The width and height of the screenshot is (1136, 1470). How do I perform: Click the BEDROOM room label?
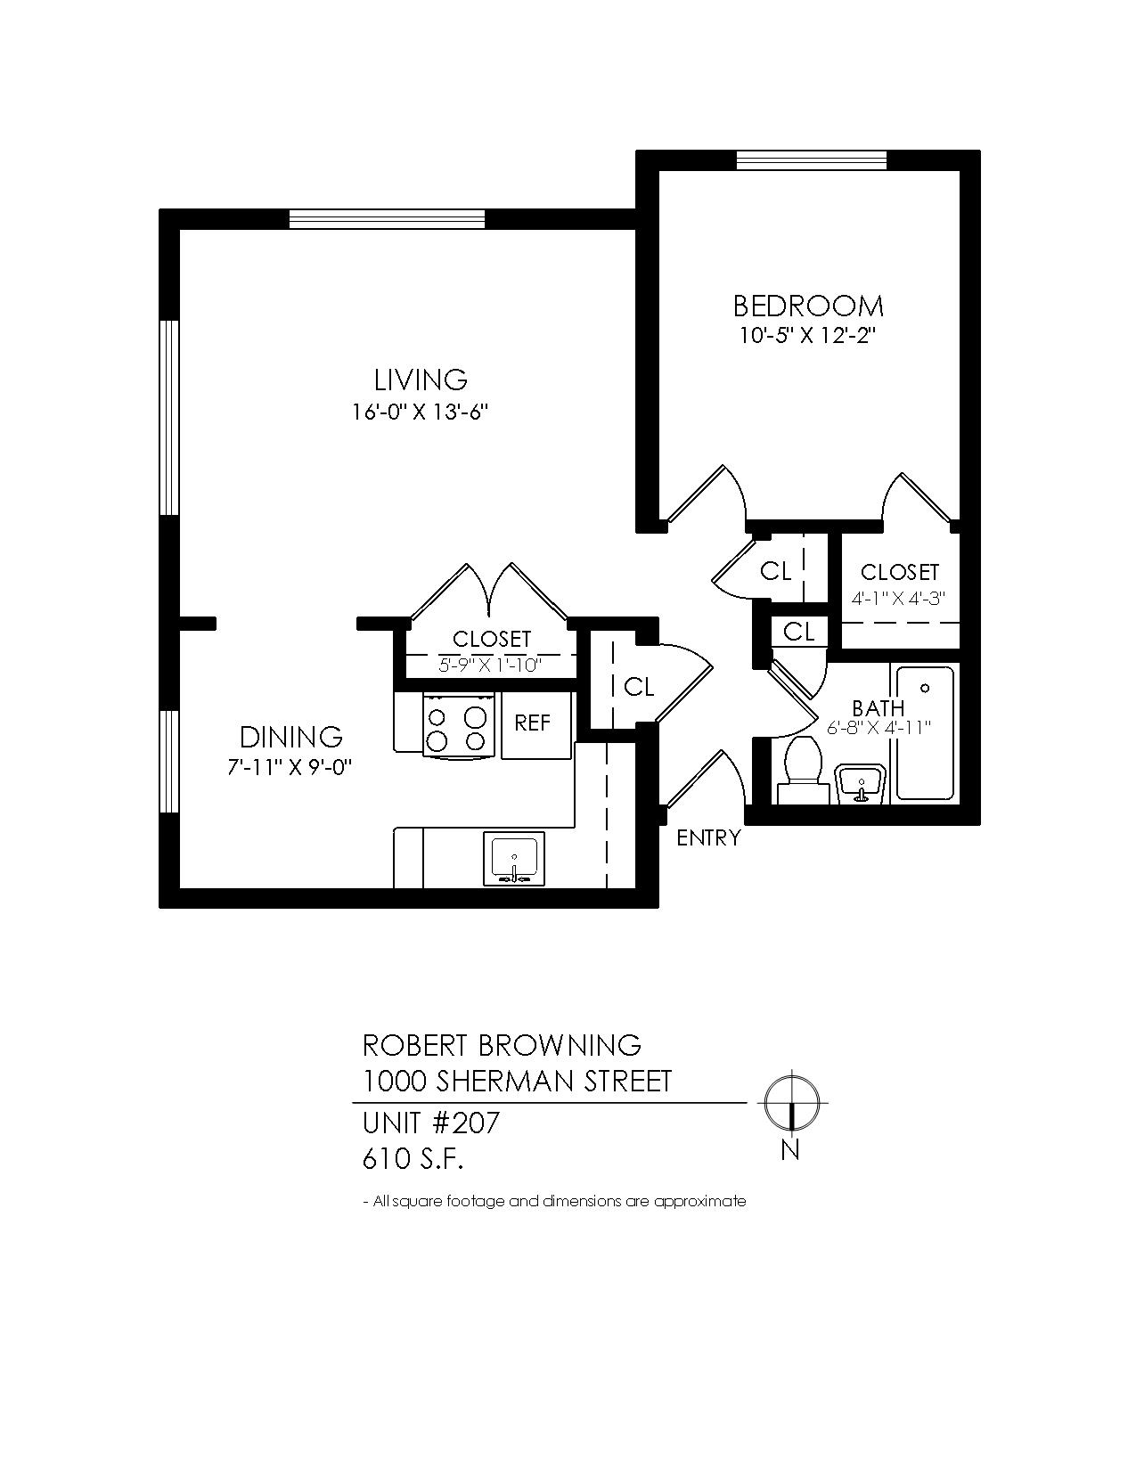808,306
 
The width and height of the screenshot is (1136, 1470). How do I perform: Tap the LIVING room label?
421,380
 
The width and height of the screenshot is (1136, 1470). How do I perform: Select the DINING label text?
291,737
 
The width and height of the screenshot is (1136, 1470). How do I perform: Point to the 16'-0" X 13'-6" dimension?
420,412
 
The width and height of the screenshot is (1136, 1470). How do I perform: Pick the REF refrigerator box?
536,724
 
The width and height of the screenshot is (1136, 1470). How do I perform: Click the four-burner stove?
460,723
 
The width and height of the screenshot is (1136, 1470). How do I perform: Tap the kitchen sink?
513,859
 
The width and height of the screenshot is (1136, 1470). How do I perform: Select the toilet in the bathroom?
803,771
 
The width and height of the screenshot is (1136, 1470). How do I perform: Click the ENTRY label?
708,838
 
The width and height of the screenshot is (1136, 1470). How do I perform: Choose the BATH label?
878,708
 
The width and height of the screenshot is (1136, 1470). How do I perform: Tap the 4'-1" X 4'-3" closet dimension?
898,599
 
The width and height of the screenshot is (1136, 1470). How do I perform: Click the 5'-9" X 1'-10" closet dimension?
491,665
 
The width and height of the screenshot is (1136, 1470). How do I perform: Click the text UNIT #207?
431,1123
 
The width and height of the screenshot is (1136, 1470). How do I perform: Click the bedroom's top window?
811,160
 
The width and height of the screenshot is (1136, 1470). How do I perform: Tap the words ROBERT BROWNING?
502,1046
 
